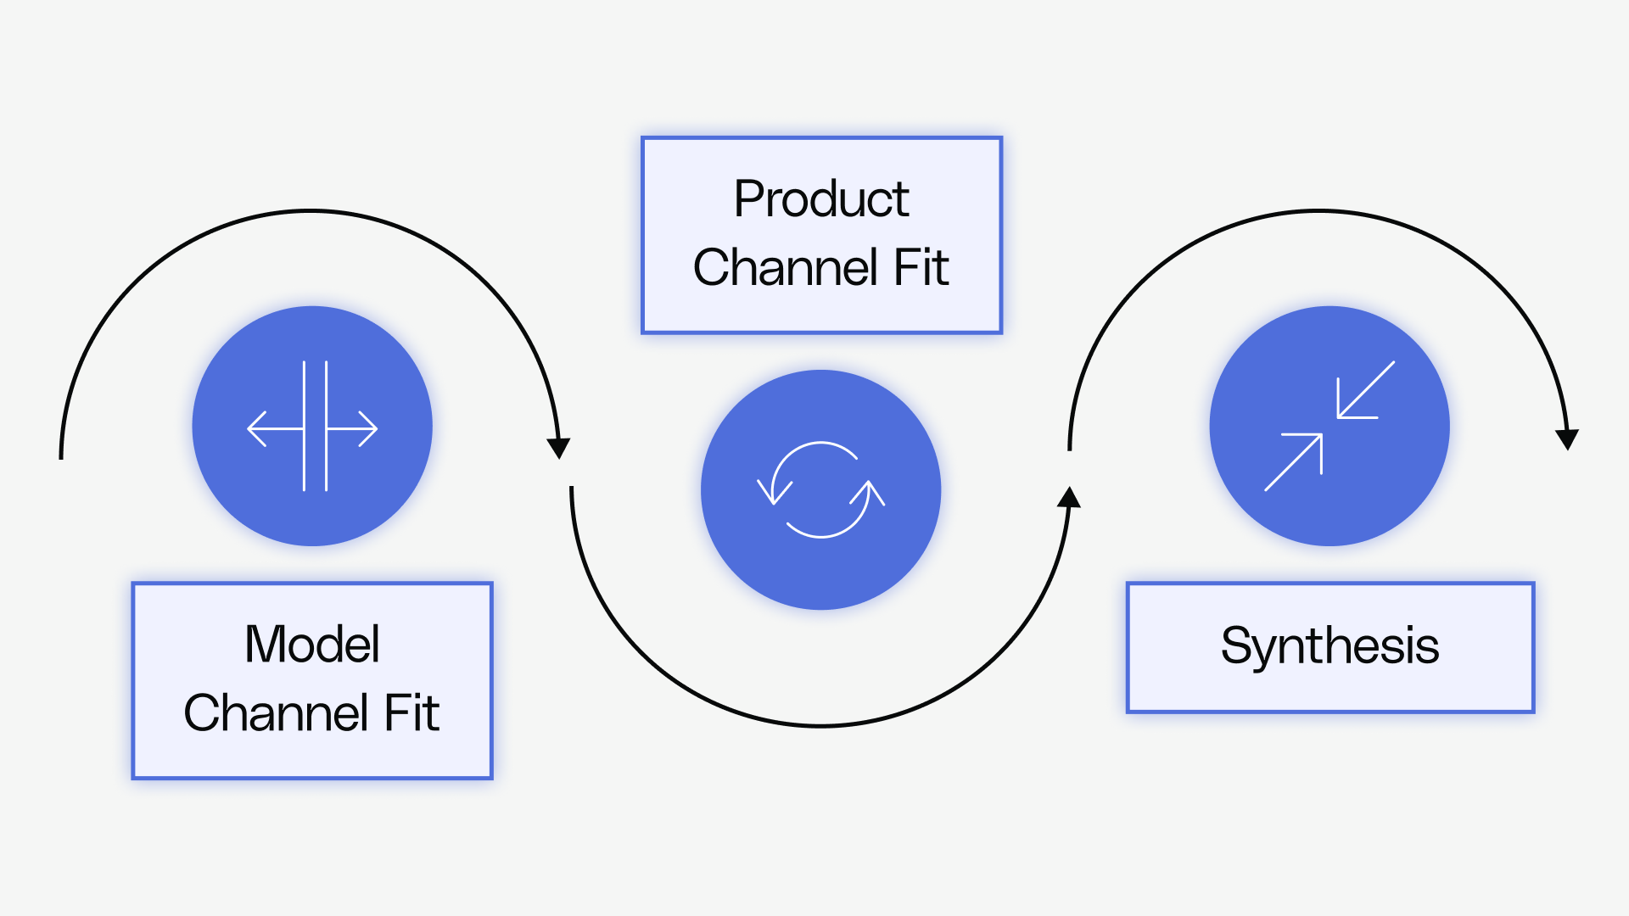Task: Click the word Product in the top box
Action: [x=821, y=199]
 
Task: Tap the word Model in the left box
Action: [x=311, y=644]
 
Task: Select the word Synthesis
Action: [x=1330, y=646]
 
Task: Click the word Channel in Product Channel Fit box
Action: [x=786, y=268]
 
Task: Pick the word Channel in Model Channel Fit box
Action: [x=276, y=712]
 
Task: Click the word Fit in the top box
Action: [x=921, y=268]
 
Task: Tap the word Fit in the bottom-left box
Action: [x=411, y=712]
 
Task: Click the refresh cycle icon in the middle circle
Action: [x=821, y=490]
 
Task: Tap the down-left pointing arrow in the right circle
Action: [x=1363, y=392]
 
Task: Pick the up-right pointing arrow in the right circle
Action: [x=1296, y=460]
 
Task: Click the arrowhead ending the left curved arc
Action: [x=558, y=448]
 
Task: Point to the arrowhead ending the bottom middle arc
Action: [x=1069, y=498]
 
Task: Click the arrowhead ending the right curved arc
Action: [x=1567, y=438]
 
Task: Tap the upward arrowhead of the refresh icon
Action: [x=869, y=493]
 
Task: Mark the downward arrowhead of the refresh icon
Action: [x=774, y=491]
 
